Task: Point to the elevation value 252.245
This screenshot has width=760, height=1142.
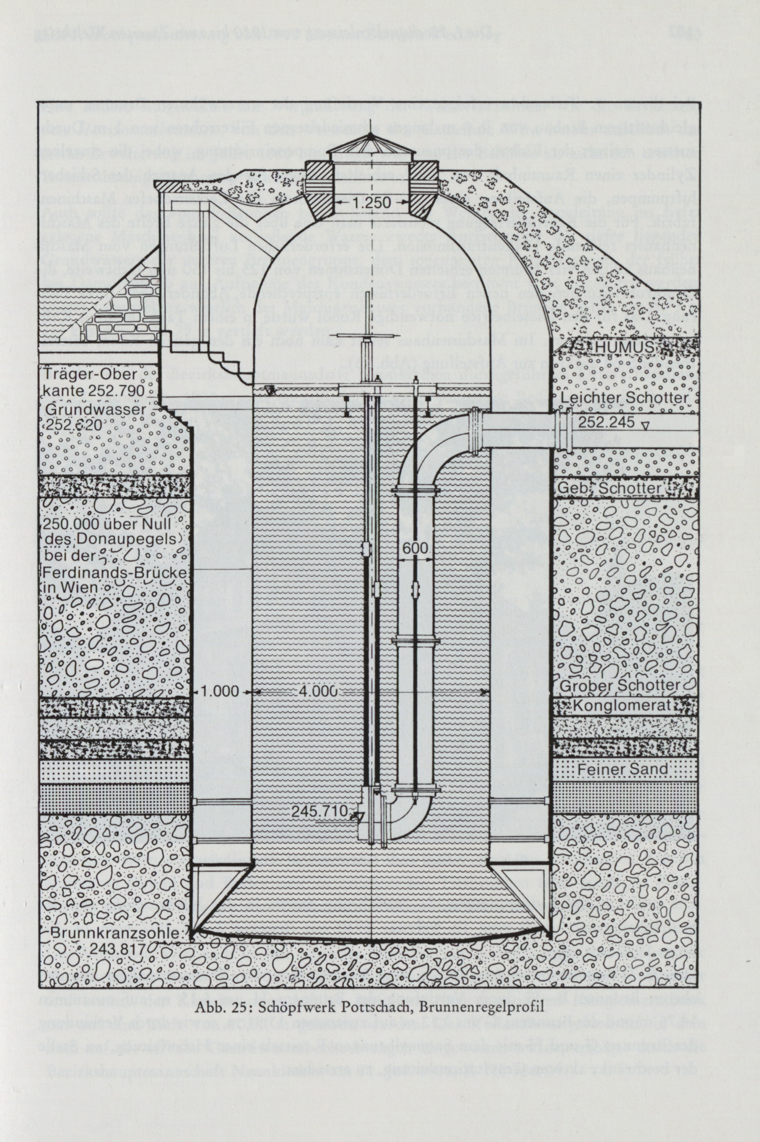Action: (x=605, y=422)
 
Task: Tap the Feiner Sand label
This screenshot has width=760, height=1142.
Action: (x=622, y=769)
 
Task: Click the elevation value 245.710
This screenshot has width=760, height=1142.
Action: (x=320, y=810)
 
